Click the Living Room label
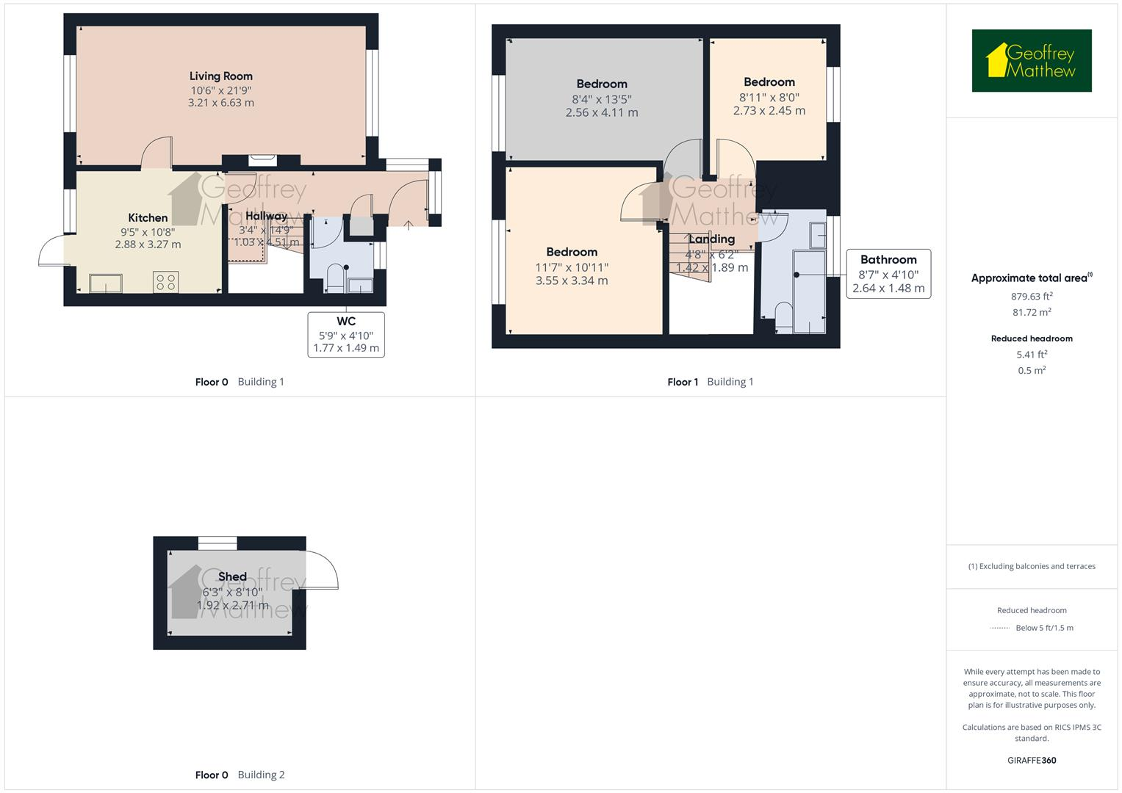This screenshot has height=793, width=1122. pyautogui.click(x=220, y=76)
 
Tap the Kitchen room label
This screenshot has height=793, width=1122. pyautogui.click(x=148, y=217)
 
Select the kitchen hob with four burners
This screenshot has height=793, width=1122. pyautogui.click(x=166, y=282)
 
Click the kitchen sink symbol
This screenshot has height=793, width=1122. pyautogui.click(x=106, y=283)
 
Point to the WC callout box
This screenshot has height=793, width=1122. pyautogui.click(x=346, y=334)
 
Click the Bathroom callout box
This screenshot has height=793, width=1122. pyautogui.click(x=888, y=274)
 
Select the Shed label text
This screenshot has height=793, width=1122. pyautogui.click(x=232, y=576)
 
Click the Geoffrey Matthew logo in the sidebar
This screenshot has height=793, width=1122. pyautogui.click(x=1032, y=61)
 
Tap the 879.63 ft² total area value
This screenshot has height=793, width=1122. pyautogui.click(x=1032, y=297)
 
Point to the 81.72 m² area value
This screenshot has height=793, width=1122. pyautogui.click(x=1032, y=313)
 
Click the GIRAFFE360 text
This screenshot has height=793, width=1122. pyautogui.click(x=1032, y=760)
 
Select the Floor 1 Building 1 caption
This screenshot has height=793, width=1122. pyautogui.click(x=710, y=382)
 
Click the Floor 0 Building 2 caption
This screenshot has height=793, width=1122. pyautogui.click(x=240, y=775)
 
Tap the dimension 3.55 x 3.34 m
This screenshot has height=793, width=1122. pyautogui.click(x=572, y=280)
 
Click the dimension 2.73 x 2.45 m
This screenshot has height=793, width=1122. pyautogui.click(x=769, y=111)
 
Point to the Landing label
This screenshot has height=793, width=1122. pyautogui.click(x=711, y=239)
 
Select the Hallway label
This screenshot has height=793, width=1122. pyautogui.click(x=266, y=216)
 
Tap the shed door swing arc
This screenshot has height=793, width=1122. pyautogui.click(x=323, y=569)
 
